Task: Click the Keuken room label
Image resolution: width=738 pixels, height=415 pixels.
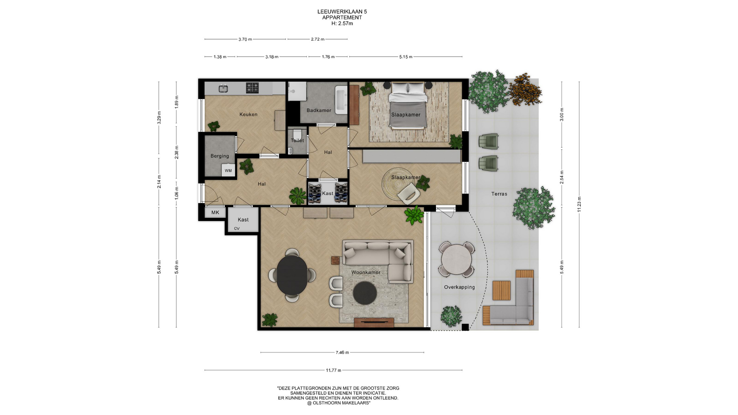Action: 248,115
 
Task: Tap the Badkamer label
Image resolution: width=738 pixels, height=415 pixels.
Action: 319,110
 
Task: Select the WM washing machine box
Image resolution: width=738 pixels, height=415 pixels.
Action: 228,171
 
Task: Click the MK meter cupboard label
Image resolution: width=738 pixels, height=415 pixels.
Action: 215,212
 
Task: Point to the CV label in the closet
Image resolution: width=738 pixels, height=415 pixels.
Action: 237,229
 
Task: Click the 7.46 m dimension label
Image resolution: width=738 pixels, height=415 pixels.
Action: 342,352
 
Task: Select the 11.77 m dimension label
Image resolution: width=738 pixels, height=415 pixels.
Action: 334,370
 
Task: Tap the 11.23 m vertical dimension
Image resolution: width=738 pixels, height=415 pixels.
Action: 579,204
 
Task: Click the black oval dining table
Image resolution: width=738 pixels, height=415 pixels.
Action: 292,274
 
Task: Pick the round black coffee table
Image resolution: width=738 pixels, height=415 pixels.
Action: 365,293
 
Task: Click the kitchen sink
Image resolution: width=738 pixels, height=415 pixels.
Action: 223,89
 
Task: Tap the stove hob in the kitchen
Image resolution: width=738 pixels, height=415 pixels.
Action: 252,88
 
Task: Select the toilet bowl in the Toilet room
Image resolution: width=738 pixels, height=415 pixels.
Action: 296,134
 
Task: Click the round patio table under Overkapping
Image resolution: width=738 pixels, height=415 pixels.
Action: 456,259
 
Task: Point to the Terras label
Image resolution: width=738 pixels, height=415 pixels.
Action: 499,194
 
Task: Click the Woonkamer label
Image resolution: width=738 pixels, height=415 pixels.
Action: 366,272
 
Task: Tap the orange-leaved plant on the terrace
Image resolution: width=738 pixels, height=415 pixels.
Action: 525,90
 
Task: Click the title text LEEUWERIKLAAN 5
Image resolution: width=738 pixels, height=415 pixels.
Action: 342,12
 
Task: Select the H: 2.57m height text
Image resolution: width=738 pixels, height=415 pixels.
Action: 342,23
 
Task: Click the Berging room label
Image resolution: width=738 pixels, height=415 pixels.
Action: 219,156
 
